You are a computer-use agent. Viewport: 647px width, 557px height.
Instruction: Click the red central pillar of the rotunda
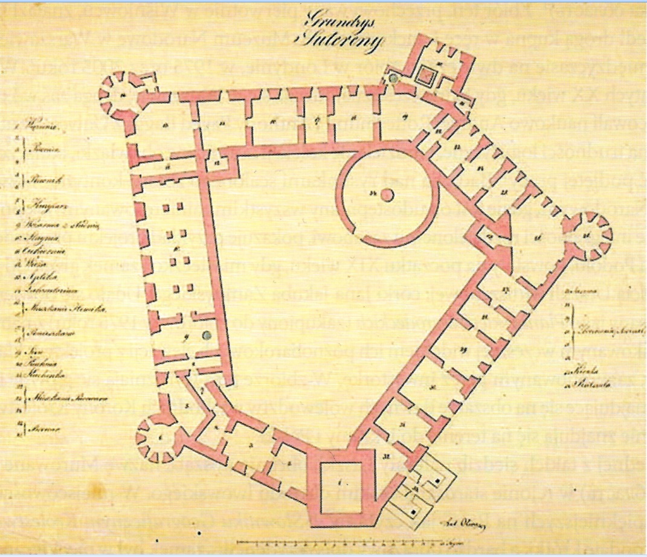pyautogui.click(x=387, y=194)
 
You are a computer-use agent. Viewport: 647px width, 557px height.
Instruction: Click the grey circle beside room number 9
pyautogui.click(x=207, y=336)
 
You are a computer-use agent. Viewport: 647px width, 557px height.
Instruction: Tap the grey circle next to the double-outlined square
pyautogui.click(x=394, y=78)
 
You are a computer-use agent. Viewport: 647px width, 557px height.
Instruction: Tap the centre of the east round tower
pyautogui.click(x=586, y=234)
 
